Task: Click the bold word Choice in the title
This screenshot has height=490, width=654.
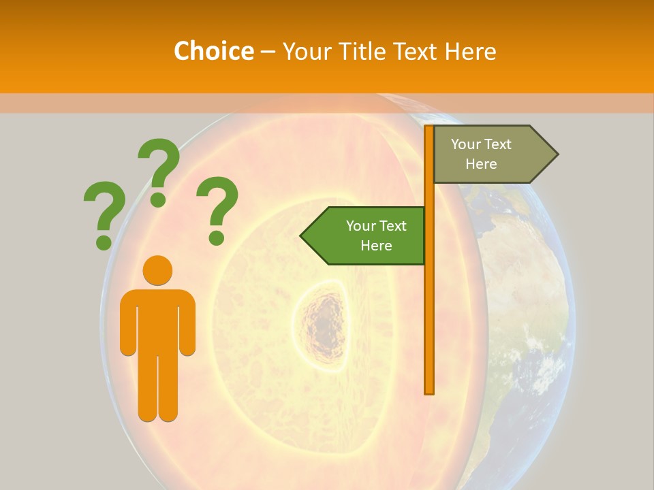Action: tap(213, 51)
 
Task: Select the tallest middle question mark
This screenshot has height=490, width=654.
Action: tap(159, 171)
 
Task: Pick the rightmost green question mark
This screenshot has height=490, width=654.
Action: tap(217, 209)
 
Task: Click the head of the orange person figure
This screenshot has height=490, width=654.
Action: tap(157, 271)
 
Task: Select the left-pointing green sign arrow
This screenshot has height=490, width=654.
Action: tap(365, 235)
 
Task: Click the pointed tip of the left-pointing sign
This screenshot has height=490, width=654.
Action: tap(302, 236)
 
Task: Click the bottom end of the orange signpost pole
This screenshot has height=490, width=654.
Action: tap(429, 391)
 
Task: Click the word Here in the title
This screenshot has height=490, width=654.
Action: tap(470, 51)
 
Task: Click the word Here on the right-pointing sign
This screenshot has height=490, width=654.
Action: tap(481, 164)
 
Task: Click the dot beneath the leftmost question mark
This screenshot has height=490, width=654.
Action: tap(104, 242)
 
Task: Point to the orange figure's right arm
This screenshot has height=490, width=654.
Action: tap(187, 323)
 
